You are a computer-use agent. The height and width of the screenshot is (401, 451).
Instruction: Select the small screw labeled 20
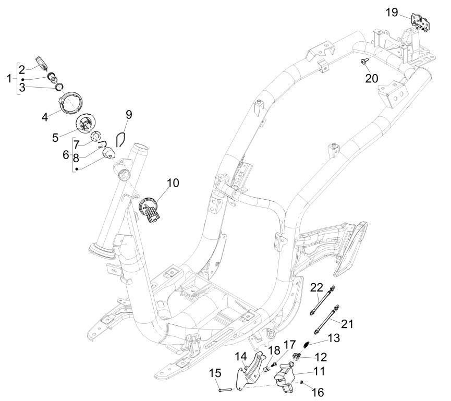363,62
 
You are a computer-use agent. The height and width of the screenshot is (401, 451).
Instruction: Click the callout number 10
173,183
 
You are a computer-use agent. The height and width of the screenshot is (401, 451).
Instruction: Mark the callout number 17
289,345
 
